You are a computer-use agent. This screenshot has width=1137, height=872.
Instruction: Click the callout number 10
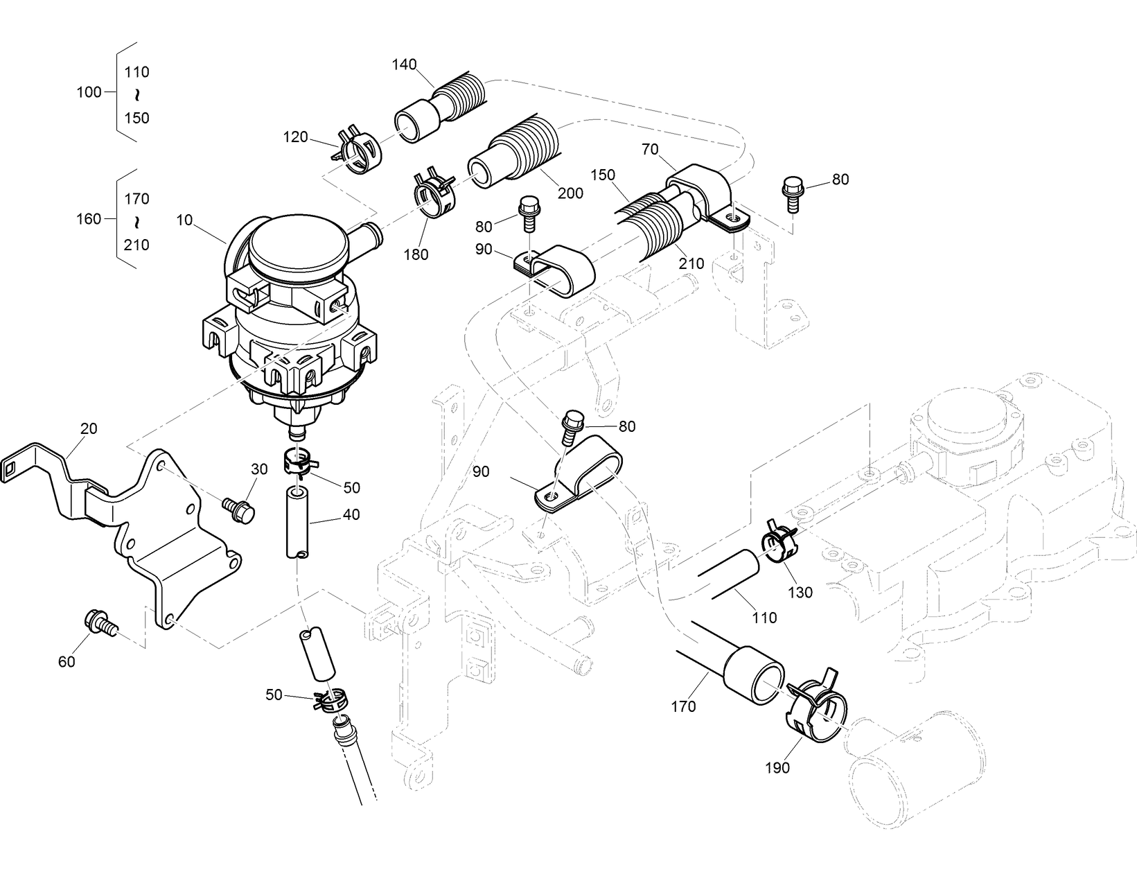[x=184, y=220]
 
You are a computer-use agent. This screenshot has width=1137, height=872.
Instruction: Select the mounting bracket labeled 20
[x=159, y=534]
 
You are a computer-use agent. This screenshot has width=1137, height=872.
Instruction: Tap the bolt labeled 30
[x=239, y=509]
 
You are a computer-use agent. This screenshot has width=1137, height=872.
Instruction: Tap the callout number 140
[x=404, y=64]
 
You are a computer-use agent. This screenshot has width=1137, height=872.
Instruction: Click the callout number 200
[x=570, y=193]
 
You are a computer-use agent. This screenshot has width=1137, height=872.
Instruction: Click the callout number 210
[x=691, y=263]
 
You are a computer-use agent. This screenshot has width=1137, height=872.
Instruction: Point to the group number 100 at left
[x=89, y=92]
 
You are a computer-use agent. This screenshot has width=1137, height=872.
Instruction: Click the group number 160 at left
[x=89, y=219]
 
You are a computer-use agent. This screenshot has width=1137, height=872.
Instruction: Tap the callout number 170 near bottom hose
[x=683, y=707]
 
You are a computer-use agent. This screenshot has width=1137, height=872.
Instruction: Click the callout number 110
[x=764, y=618]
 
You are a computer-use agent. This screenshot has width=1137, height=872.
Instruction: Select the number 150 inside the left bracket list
[x=136, y=118]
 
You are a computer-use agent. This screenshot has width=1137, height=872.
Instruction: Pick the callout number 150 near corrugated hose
[x=603, y=175]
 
